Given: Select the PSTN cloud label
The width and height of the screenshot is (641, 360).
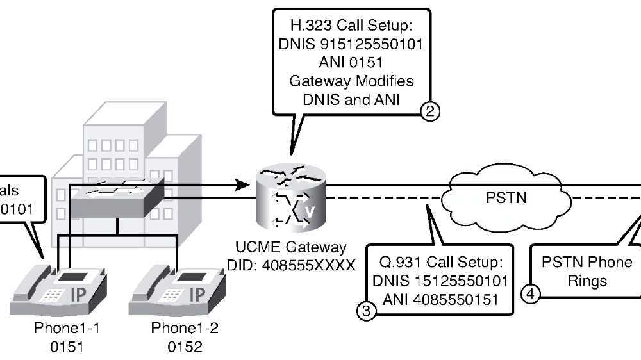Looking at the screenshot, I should pos(504,197).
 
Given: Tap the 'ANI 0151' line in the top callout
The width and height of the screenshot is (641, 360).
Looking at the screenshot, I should pos(351,65).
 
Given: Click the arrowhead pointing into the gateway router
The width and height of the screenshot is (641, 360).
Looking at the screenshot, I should pos(242,185).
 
